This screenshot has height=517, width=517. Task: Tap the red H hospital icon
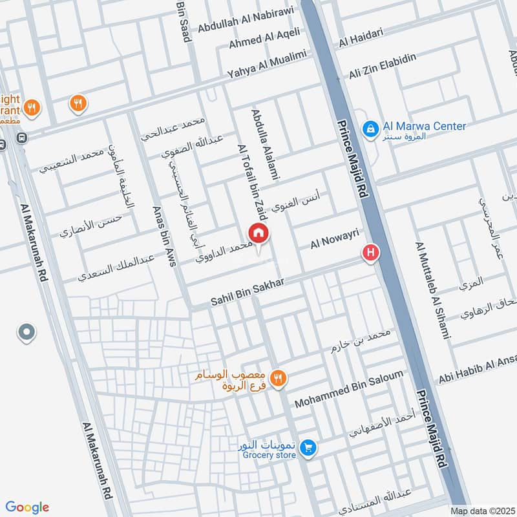[370, 253]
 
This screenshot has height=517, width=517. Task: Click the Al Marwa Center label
[424, 127]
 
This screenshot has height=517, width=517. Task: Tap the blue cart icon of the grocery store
[308, 447]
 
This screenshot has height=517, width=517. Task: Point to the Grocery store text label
[269, 455]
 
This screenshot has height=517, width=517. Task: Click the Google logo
[27, 507]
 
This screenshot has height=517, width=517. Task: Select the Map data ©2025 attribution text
[481, 510]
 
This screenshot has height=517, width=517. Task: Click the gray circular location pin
[26, 333]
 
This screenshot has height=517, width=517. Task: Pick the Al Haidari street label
[361, 37]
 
